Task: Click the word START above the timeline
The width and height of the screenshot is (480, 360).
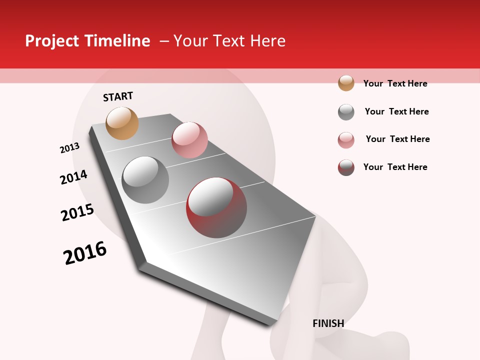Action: point(118,96)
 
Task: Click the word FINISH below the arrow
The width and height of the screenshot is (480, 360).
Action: point(328,323)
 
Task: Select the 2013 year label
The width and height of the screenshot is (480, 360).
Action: point(69,148)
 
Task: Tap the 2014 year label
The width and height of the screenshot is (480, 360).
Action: point(73,177)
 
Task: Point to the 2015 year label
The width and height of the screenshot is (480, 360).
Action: point(77,212)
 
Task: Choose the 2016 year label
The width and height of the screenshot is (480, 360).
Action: point(85,253)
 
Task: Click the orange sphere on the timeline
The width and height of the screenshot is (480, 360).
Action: point(122,123)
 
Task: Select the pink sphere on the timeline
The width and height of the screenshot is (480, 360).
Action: point(189,139)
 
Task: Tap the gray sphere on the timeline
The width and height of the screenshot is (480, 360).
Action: point(145,180)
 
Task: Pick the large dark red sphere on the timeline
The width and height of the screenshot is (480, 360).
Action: point(216,207)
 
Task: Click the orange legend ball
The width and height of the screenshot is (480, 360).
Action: point(346,83)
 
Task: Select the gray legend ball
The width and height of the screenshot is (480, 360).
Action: point(346,112)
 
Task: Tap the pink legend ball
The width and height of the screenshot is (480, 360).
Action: point(346,140)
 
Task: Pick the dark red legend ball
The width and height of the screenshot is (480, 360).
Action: point(346,167)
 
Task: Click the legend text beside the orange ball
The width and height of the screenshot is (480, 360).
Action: point(395,83)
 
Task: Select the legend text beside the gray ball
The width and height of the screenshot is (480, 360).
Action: point(396,111)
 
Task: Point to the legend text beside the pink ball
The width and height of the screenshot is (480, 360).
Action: point(397,139)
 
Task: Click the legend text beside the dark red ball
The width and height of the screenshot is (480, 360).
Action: point(395,167)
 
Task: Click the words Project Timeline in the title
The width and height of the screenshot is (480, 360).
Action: point(87,41)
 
